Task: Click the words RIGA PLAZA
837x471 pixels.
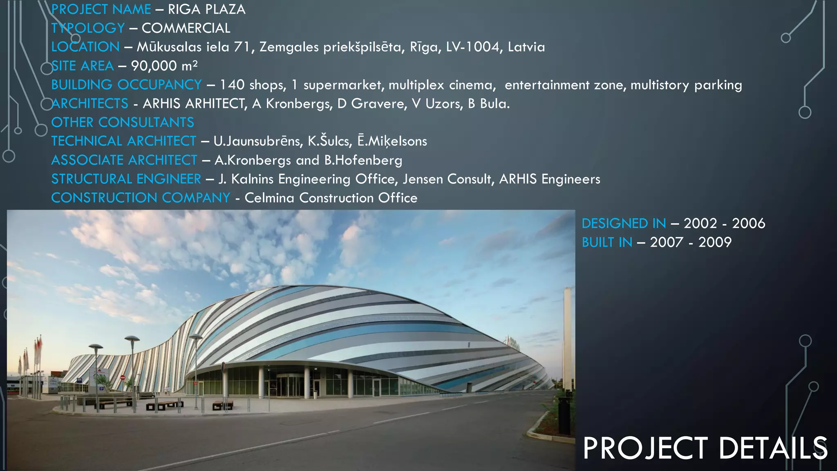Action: click(206, 9)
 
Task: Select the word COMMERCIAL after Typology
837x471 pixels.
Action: click(186, 28)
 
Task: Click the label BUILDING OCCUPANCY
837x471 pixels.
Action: click(126, 85)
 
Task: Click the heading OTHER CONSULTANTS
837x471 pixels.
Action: click(123, 122)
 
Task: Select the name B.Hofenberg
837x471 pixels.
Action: click(363, 160)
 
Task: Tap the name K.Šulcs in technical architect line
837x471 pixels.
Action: click(329, 141)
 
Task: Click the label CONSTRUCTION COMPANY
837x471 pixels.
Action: click(141, 198)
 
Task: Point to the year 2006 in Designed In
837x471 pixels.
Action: click(748, 223)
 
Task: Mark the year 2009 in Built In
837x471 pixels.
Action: click(715, 242)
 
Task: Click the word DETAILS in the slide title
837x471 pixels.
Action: click(772, 448)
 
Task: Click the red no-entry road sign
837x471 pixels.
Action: click(122, 377)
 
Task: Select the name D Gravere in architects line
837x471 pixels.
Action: click(372, 104)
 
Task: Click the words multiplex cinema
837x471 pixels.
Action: click(442, 85)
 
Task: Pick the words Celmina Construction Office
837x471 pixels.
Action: click(331, 198)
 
